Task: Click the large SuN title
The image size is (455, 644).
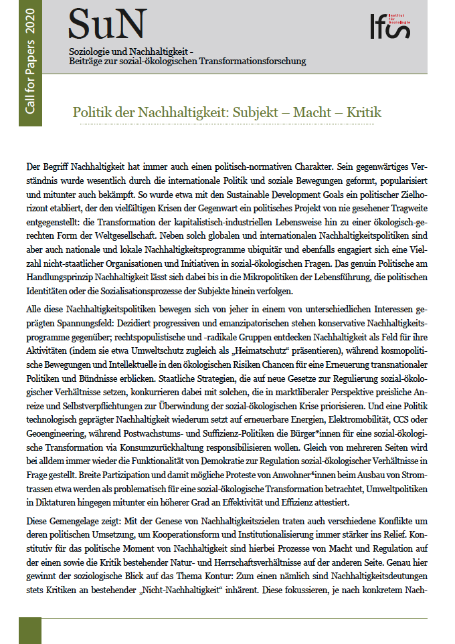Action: point(106,24)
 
